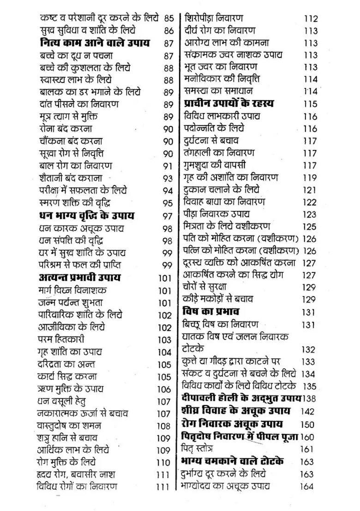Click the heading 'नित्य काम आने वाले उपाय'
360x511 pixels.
point(95,43)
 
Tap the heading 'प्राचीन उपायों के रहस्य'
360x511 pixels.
point(228,103)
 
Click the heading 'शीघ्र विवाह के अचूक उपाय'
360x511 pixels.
point(235,411)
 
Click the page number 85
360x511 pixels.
point(169,19)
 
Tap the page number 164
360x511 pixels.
point(306,486)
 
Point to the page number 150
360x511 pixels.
point(307,424)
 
